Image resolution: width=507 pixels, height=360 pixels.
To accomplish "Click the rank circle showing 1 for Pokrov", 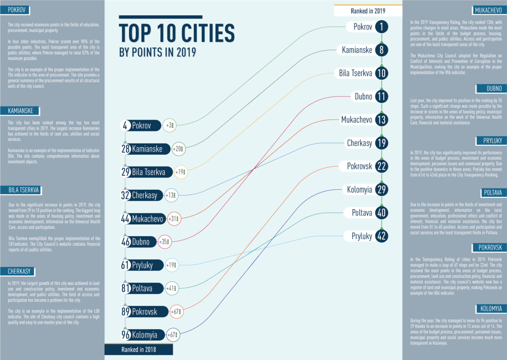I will pyautogui.click(x=381, y=27).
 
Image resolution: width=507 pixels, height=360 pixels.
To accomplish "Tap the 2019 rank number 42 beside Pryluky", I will pyautogui.click(x=381, y=236).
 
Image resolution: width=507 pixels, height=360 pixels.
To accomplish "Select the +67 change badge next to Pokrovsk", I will pyautogui.click(x=176, y=312).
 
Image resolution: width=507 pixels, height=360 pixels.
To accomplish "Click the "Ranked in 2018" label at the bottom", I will pyautogui.click(x=139, y=349).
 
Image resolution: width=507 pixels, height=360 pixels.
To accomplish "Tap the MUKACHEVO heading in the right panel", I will pyautogui.click(x=488, y=11).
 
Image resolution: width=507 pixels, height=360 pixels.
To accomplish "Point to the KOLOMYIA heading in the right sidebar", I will pyautogui.click(x=490, y=308).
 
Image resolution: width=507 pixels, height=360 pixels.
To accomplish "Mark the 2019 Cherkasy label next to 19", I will pyautogui.click(x=360, y=143).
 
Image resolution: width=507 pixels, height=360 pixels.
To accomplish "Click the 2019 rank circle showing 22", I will pyautogui.click(x=381, y=166).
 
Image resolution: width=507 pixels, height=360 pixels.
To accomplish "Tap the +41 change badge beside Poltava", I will pyautogui.click(x=172, y=289).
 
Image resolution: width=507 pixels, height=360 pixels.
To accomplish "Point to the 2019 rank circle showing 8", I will pyautogui.click(x=381, y=50).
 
